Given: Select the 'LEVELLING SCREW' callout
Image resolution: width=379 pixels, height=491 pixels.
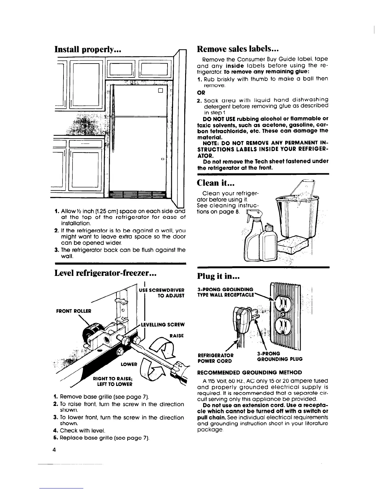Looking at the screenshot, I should coord(163,325).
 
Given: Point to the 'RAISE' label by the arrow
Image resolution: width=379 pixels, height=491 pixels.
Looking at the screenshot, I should coord(177,336).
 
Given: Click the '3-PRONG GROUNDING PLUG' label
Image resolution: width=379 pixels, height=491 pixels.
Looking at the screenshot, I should coord(279,356).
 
